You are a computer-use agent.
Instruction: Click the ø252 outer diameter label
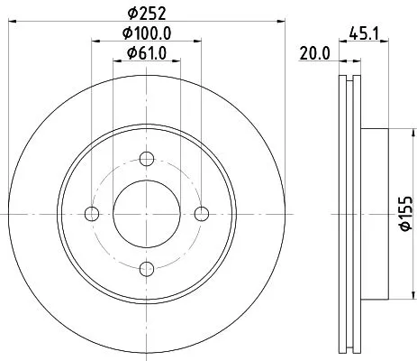point(145,14)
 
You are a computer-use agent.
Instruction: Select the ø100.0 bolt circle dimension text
point(146,33)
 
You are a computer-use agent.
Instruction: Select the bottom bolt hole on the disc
point(145,269)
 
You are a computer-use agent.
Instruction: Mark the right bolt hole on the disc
point(201,213)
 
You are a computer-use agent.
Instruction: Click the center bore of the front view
point(145,213)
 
